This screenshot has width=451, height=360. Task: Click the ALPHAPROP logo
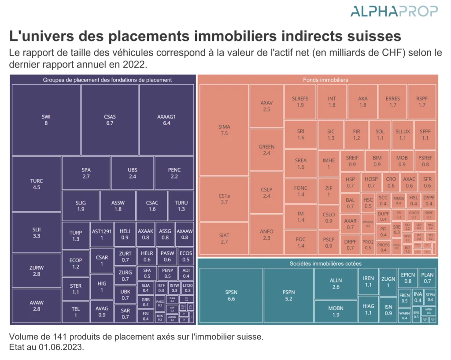[394, 11]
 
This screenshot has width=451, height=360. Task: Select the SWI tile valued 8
[46, 120]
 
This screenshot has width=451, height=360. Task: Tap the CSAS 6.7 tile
[110, 120]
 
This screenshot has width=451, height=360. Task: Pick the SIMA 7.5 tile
[224, 130]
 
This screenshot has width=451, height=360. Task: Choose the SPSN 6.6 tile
[231, 295]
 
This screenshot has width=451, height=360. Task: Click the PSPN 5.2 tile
[288, 295]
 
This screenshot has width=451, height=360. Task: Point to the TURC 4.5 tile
[37, 184]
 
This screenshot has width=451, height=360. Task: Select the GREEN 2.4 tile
[266, 150]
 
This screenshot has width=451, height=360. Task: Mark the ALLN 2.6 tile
[336, 283]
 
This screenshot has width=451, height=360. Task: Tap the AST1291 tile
[102, 234]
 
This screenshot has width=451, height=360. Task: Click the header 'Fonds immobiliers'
[325, 80]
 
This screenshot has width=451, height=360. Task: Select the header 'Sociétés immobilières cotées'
[325, 264]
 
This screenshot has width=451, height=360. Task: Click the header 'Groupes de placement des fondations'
[107, 80]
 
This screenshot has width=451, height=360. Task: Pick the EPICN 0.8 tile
[408, 278]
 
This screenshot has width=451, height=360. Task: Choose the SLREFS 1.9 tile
[300, 102]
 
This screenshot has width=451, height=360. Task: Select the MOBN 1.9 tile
[336, 312]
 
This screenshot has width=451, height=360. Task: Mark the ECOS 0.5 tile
[186, 256]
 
